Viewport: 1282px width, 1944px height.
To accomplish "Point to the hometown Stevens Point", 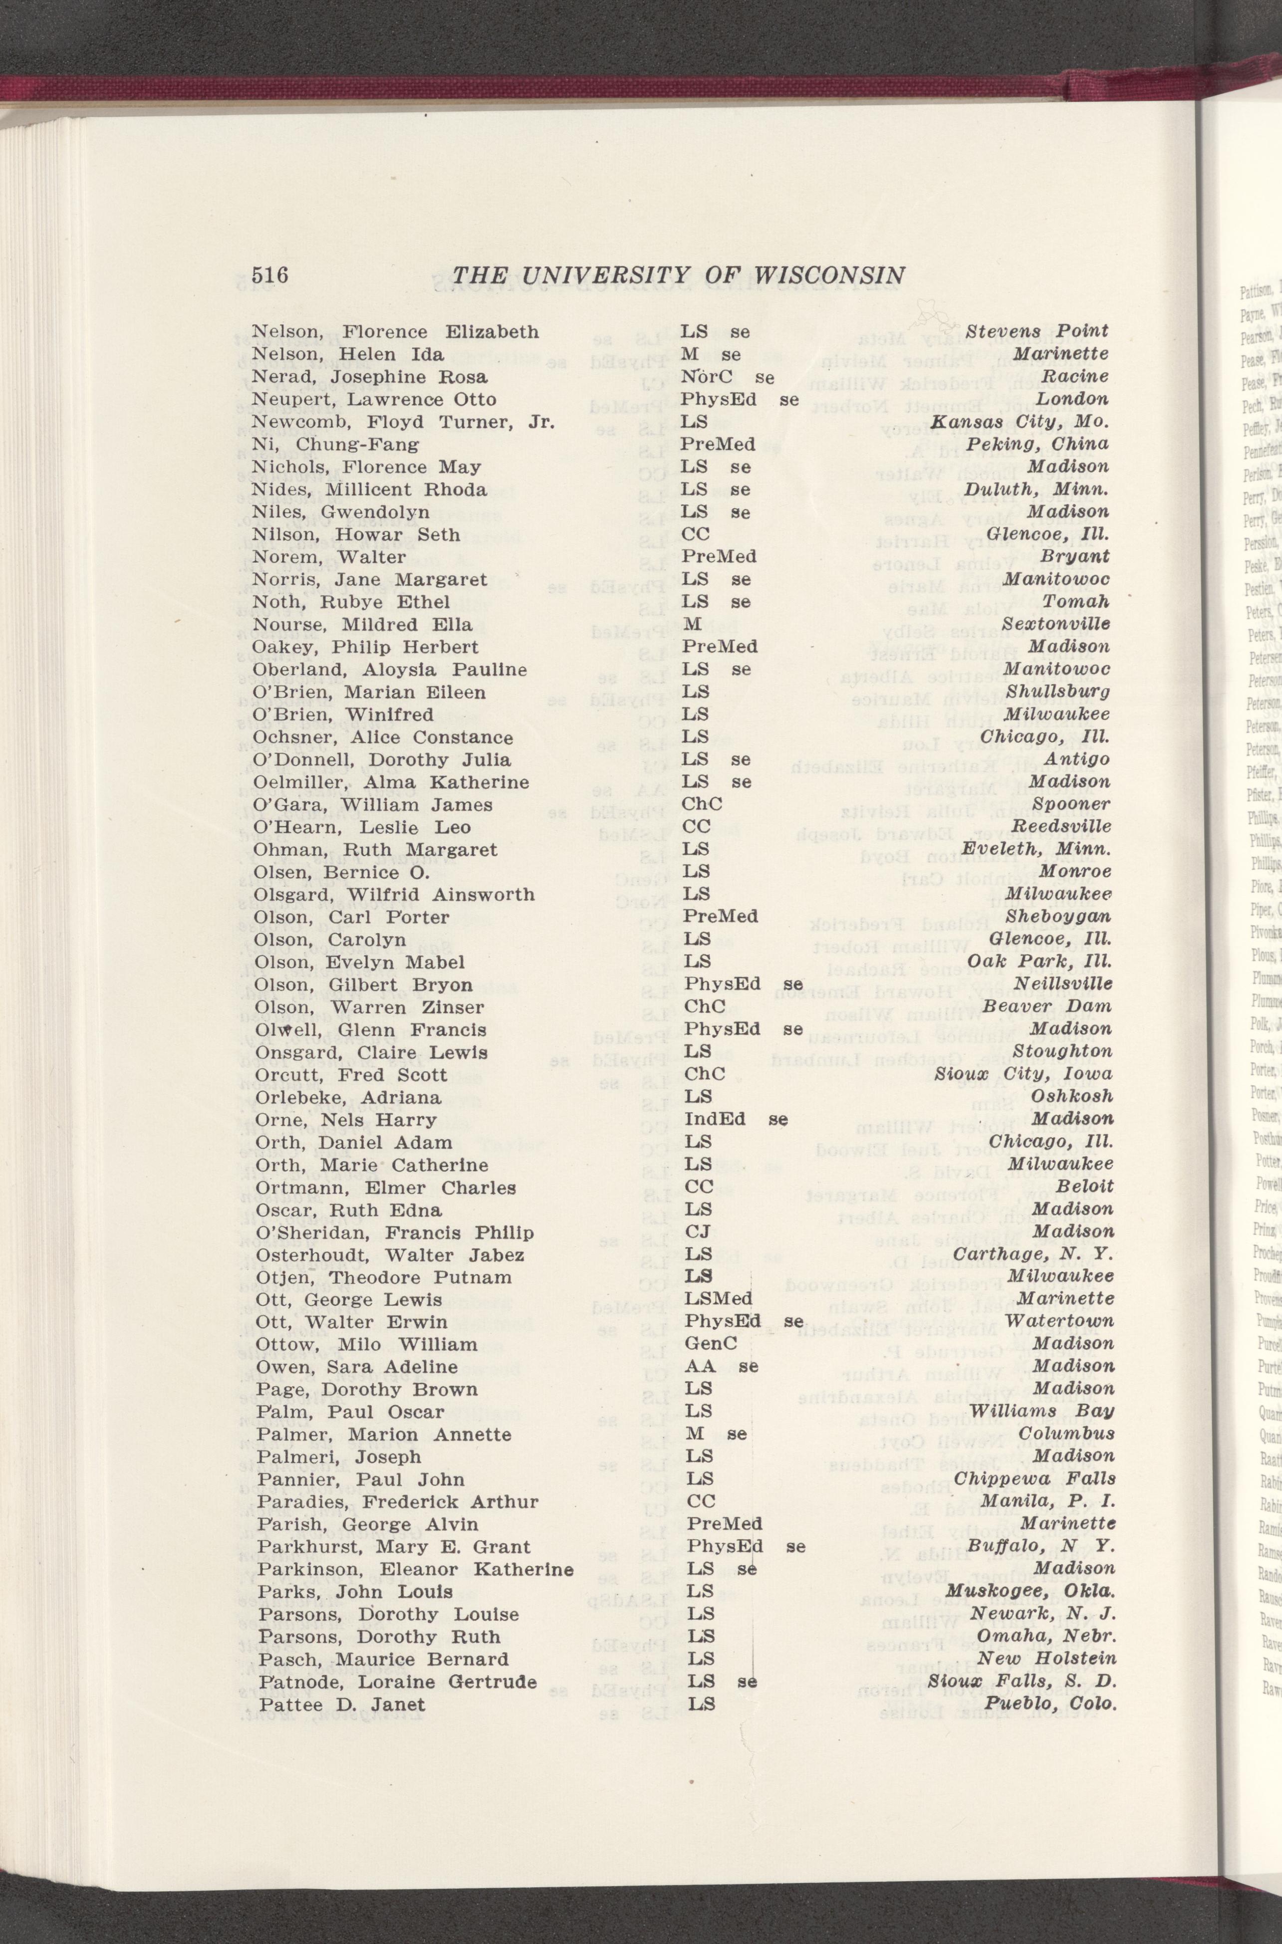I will coord(1036,331).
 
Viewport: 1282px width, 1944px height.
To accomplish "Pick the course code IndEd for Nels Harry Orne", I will coord(714,1118).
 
